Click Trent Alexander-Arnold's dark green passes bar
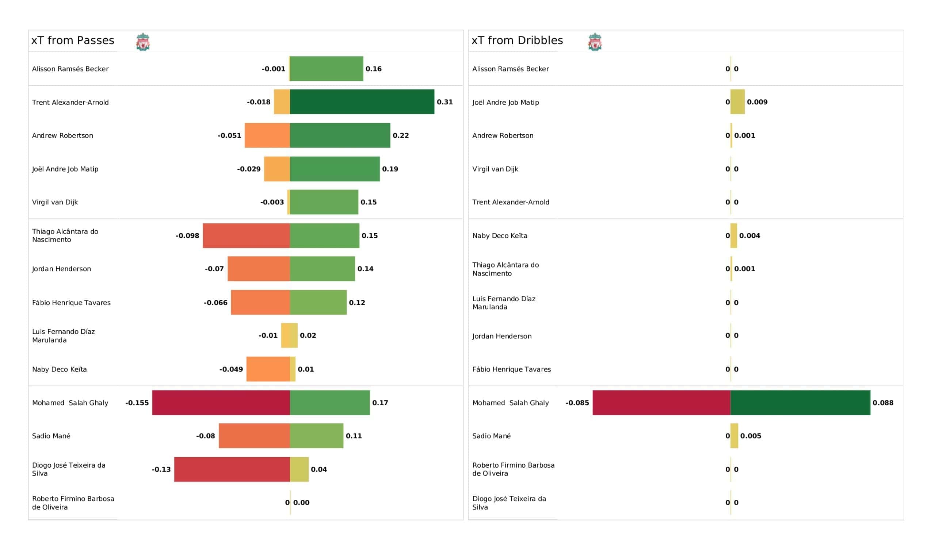(362, 101)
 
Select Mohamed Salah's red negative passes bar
(221, 403)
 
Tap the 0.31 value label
(445, 102)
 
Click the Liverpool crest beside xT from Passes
(143, 42)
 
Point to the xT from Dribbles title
(517, 41)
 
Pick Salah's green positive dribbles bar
(800, 403)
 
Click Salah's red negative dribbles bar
(661, 403)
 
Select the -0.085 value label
(577, 403)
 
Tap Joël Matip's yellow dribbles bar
(738, 101)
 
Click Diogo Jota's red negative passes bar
(232, 469)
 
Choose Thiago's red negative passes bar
(247, 235)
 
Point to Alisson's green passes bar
(327, 69)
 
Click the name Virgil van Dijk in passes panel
(55, 202)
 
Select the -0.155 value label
(137, 403)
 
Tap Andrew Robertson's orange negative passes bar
(267, 135)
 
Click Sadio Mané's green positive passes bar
(317, 436)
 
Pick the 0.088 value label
(883, 403)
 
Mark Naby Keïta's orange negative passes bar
(268, 369)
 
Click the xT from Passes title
(73, 41)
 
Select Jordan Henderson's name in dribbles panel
(501, 336)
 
